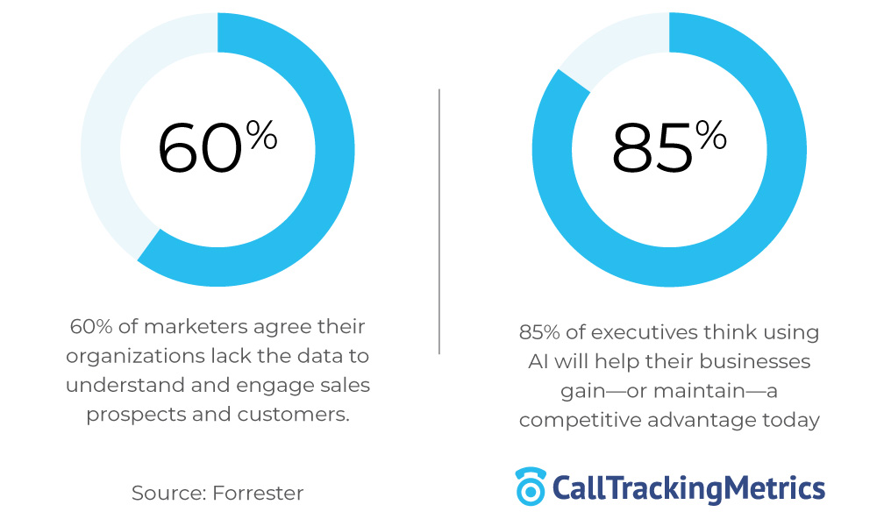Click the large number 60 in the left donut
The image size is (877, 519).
[199, 148]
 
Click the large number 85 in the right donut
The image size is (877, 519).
[652, 148]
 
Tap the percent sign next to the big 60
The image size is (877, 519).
[261, 135]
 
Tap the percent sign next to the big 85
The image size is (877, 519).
[711, 135]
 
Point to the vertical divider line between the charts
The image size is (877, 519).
[438, 219]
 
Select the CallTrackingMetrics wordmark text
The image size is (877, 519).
[688, 487]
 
